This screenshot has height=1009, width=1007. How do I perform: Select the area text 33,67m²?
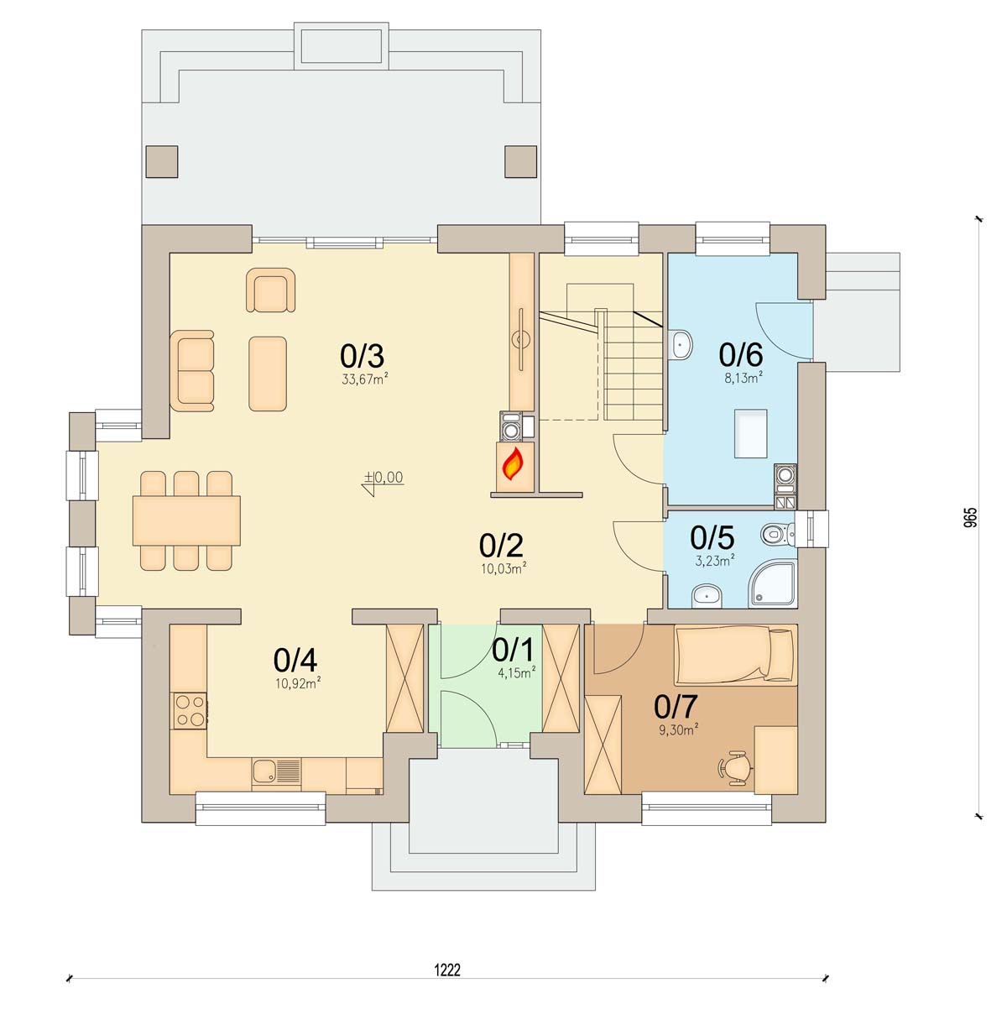(364, 379)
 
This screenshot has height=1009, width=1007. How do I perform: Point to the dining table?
(186, 520)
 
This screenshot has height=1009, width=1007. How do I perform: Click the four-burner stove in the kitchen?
(189, 710)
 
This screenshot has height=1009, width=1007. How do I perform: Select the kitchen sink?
(276, 771)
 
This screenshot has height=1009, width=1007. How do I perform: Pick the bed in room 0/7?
(735, 655)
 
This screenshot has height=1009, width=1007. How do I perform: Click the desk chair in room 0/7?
(735, 767)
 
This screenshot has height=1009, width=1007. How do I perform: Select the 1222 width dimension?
(447, 970)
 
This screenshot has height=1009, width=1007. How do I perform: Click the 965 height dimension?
(970, 517)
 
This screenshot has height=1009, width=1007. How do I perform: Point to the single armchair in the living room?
(271, 290)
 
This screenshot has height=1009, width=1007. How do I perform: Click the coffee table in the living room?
(268, 373)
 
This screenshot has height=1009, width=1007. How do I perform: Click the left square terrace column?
(162, 161)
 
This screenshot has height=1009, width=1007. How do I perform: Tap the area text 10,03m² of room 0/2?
(503, 567)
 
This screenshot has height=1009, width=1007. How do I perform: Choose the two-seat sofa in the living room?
(192, 370)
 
